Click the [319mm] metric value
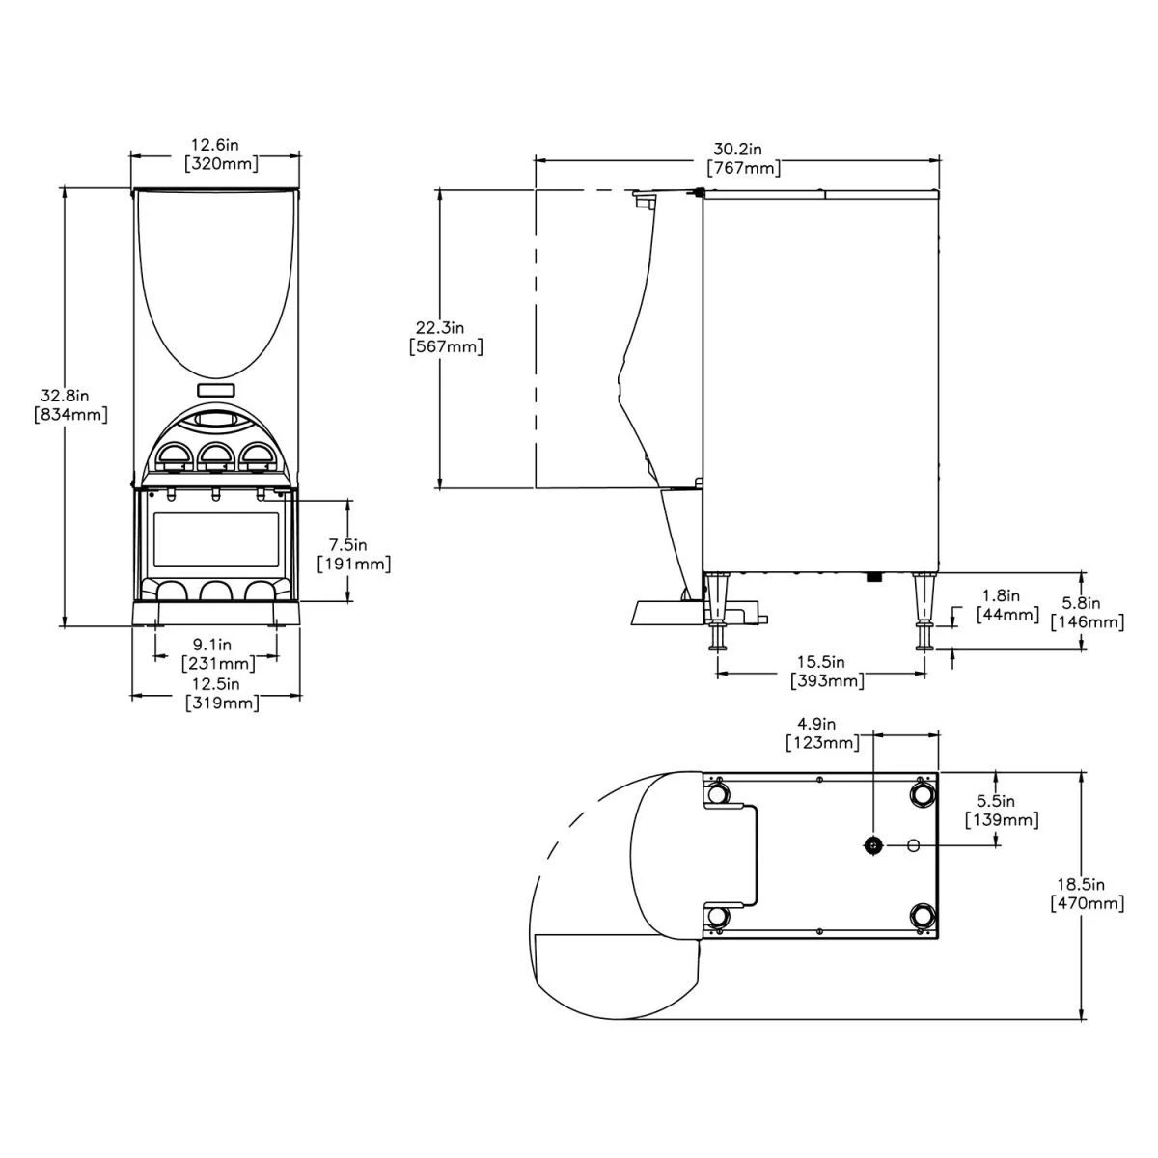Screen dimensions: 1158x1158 [222, 703]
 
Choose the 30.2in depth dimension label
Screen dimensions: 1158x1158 [738, 150]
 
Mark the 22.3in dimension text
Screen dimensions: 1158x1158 [446, 326]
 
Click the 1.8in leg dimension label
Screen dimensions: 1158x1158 [1000, 596]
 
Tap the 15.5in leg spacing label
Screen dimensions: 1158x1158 [820, 663]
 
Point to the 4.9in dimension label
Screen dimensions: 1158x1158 [815, 724]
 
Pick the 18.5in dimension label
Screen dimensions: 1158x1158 [1086, 884]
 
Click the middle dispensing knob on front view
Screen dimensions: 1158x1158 [214, 457]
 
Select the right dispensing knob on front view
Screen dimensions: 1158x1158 [256, 457]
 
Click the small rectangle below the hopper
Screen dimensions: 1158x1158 [215, 391]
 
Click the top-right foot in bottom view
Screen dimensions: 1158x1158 [922, 793]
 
